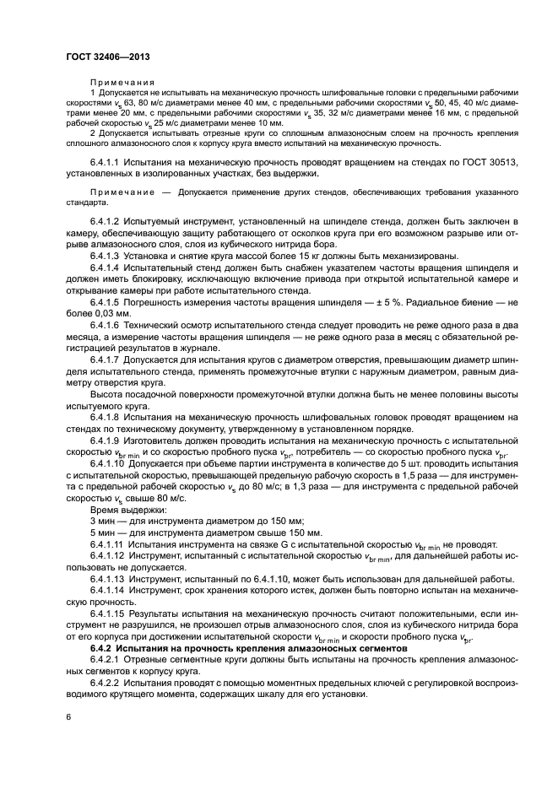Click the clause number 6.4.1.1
pos(105,161)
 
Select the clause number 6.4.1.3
pos(105,256)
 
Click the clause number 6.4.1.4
pos(105,268)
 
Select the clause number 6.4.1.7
pos(105,359)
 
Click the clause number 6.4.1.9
pos(105,440)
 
